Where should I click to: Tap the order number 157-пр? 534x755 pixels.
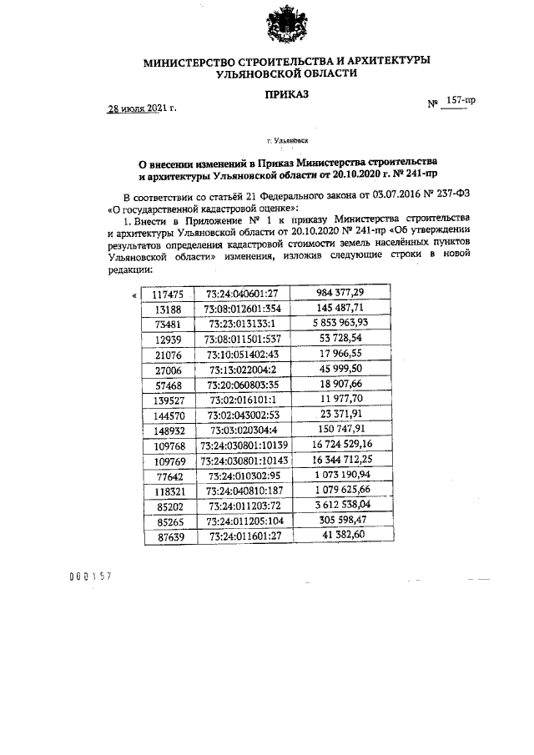tap(461, 100)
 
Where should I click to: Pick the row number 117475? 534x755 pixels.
tap(169, 294)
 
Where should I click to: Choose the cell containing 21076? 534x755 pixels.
tap(169, 355)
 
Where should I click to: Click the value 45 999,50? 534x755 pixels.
tap(343, 370)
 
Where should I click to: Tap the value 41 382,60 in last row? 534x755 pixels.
tap(343, 538)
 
